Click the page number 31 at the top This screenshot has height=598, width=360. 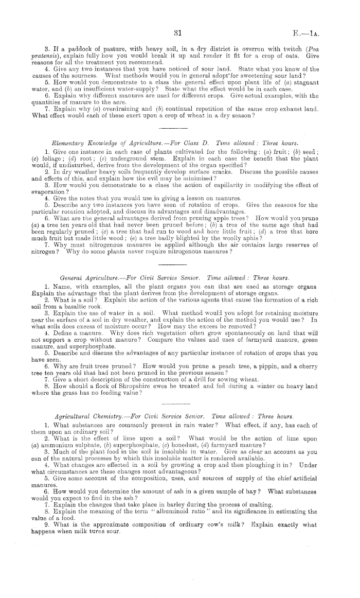pyautogui.click(x=176, y=34)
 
